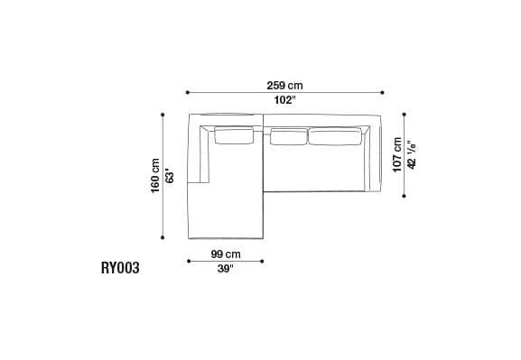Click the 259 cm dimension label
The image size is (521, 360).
(x=284, y=85)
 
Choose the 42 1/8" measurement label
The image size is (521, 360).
(x=411, y=154)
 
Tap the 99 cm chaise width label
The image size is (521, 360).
(x=225, y=254)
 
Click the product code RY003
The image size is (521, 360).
(x=120, y=268)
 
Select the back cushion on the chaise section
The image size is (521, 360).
(x=233, y=136)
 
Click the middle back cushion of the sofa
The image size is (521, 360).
(x=288, y=136)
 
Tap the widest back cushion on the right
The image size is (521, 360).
(x=338, y=136)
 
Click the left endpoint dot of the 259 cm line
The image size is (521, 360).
(x=187, y=92)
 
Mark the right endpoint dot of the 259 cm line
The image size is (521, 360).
(x=383, y=92)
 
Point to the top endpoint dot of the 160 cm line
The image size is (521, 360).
(x=163, y=115)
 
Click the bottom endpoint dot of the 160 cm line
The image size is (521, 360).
(x=163, y=237)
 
